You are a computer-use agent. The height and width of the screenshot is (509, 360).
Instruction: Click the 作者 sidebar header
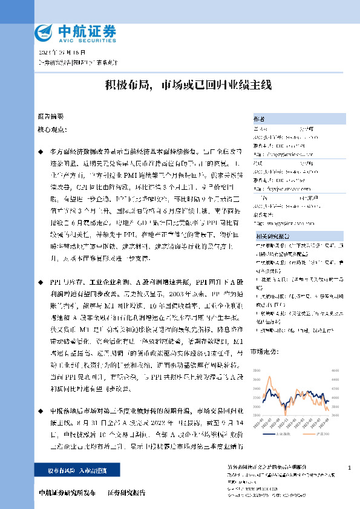(259, 119)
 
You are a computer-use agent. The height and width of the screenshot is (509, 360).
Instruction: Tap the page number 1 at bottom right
(350, 468)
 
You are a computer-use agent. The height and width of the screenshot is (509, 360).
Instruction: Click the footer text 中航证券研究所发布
(66, 493)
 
